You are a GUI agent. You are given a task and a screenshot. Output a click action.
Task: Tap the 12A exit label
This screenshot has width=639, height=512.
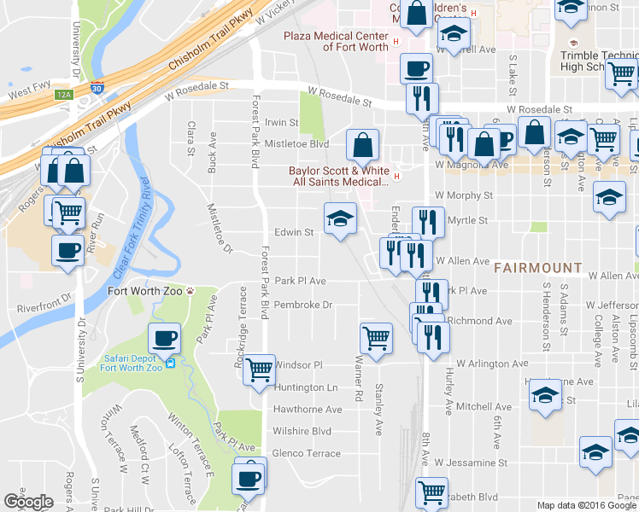point(63,95)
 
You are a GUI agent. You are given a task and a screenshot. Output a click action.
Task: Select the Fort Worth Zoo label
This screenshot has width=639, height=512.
point(145,290)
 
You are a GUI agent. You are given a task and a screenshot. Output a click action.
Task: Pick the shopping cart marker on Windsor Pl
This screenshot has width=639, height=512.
point(259,369)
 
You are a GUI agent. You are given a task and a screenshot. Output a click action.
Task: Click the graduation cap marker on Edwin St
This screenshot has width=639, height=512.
point(339,219)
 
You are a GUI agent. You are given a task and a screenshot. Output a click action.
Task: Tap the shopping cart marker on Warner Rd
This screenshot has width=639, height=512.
point(376,338)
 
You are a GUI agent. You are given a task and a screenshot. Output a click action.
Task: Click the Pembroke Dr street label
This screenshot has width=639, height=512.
point(303,304)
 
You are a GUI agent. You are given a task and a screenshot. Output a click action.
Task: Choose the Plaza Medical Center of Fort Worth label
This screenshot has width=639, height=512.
point(337,41)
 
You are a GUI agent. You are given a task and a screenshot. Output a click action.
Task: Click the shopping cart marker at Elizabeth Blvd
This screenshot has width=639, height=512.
point(431,492)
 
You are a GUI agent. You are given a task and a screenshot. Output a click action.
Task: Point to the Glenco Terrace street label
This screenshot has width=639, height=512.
point(306,453)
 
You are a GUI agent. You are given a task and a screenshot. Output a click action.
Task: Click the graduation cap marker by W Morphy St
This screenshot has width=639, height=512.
point(609,197)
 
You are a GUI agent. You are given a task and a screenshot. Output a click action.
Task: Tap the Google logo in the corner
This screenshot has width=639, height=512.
point(28,501)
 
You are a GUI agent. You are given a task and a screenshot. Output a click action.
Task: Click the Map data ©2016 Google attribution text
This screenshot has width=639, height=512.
point(586,505)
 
